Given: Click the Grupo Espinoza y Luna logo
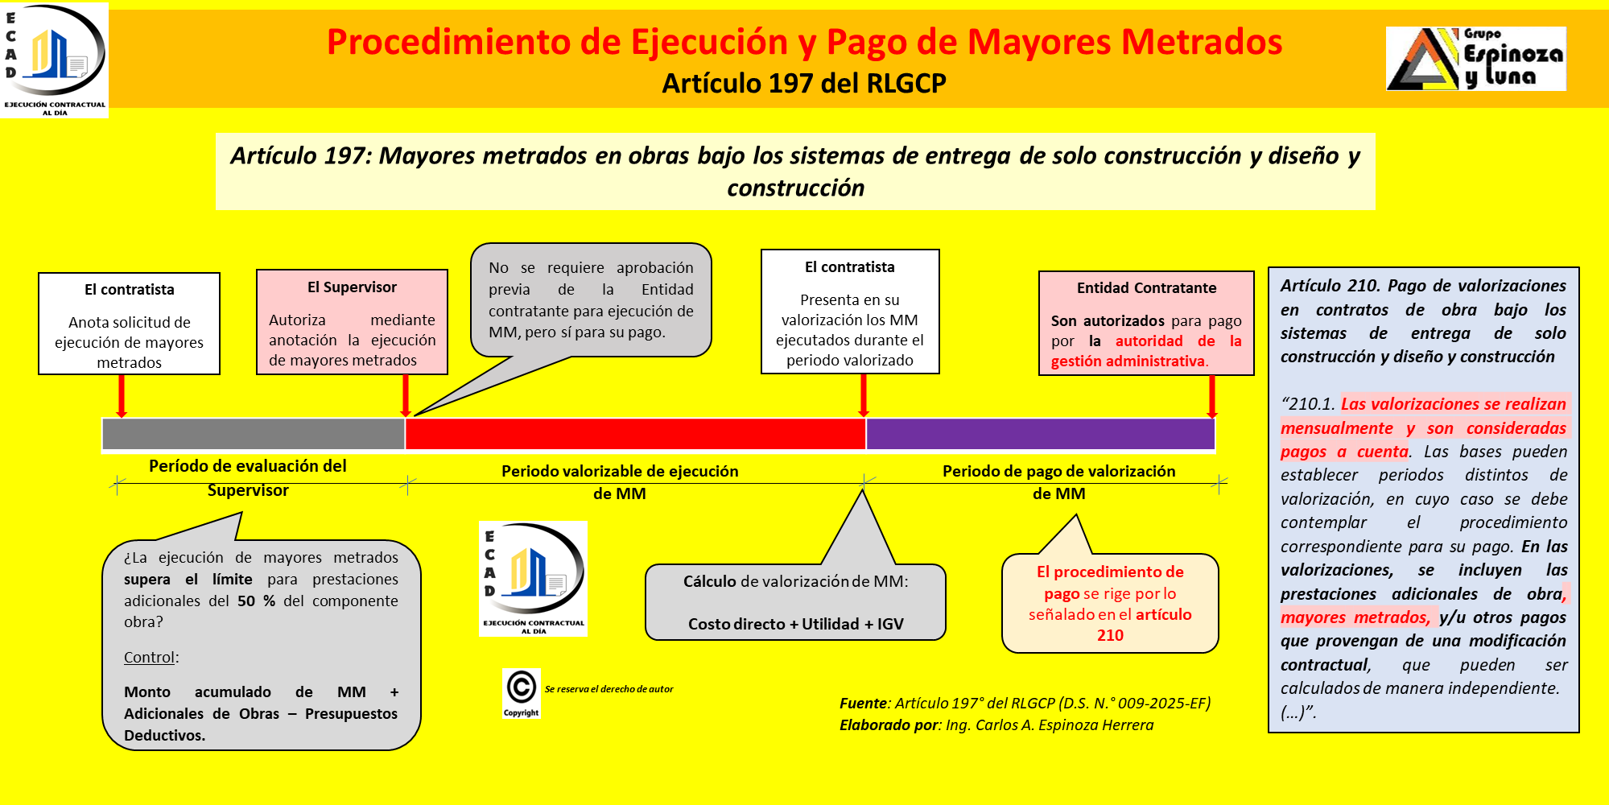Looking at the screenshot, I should pyautogui.click(x=1475, y=59).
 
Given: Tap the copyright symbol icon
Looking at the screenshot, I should pyautogui.click(x=521, y=688).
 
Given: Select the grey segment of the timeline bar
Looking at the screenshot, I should pyautogui.click(x=253, y=434).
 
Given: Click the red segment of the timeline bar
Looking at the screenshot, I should pyautogui.click(x=635, y=434).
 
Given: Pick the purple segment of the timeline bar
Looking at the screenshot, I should pyautogui.click(x=1040, y=434).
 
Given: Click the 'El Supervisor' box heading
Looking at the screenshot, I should pyautogui.click(x=352, y=287).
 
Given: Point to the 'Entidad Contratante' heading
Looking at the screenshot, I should pyautogui.click(x=1146, y=288).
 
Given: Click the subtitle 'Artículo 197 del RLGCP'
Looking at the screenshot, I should pyautogui.click(x=803, y=84).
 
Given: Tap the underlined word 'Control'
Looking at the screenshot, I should pyautogui.click(x=149, y=657).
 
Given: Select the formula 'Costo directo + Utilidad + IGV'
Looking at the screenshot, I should pyautogui.click(x=795, y=624).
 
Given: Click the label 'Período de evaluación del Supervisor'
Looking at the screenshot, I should pyautogui.click(x=248, y=477).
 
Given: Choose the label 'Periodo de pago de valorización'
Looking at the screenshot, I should pyautogui.click(x=1058, y=472).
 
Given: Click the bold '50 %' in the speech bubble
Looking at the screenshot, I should pyautogui.click(x=257, y=601).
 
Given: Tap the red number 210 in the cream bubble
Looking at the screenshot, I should pyautogui.click(x=1110, y=635).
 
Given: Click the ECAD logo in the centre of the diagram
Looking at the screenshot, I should pyautogui.click(x=533, y=579).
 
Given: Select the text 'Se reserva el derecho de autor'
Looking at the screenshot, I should pyautogui.click(x=609, y=689).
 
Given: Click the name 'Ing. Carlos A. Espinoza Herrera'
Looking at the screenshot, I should pyautogui.click(x=1050, y=725).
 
